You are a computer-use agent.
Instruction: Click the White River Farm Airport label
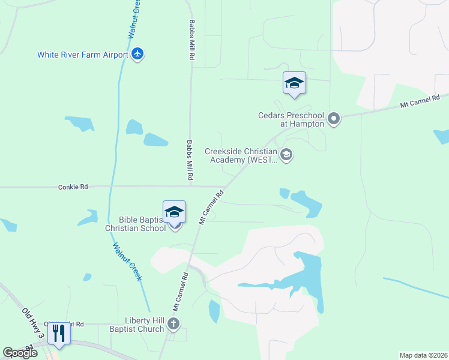coord(83,55)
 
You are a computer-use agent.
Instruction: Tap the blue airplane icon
coord(137,55)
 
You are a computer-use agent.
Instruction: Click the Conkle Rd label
coord(73,187)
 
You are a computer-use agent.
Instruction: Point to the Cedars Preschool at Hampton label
coord(291,119)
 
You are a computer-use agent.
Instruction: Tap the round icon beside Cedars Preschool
coord(334,119)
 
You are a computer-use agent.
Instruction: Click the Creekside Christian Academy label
coord(241,155)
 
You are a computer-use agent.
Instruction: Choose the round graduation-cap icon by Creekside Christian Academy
coord(287,155)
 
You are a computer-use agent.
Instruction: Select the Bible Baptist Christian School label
coord(136,224)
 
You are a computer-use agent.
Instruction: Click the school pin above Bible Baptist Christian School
coord(174,213)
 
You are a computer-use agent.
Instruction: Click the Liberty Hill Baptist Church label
coord(136,325)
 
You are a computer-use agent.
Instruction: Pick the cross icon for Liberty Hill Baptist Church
coord(173,325)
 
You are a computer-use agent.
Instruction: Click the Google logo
coord(20,352)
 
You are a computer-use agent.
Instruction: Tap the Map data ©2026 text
coord(423,355)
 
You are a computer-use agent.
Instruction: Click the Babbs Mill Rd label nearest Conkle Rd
coord(189,161)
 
